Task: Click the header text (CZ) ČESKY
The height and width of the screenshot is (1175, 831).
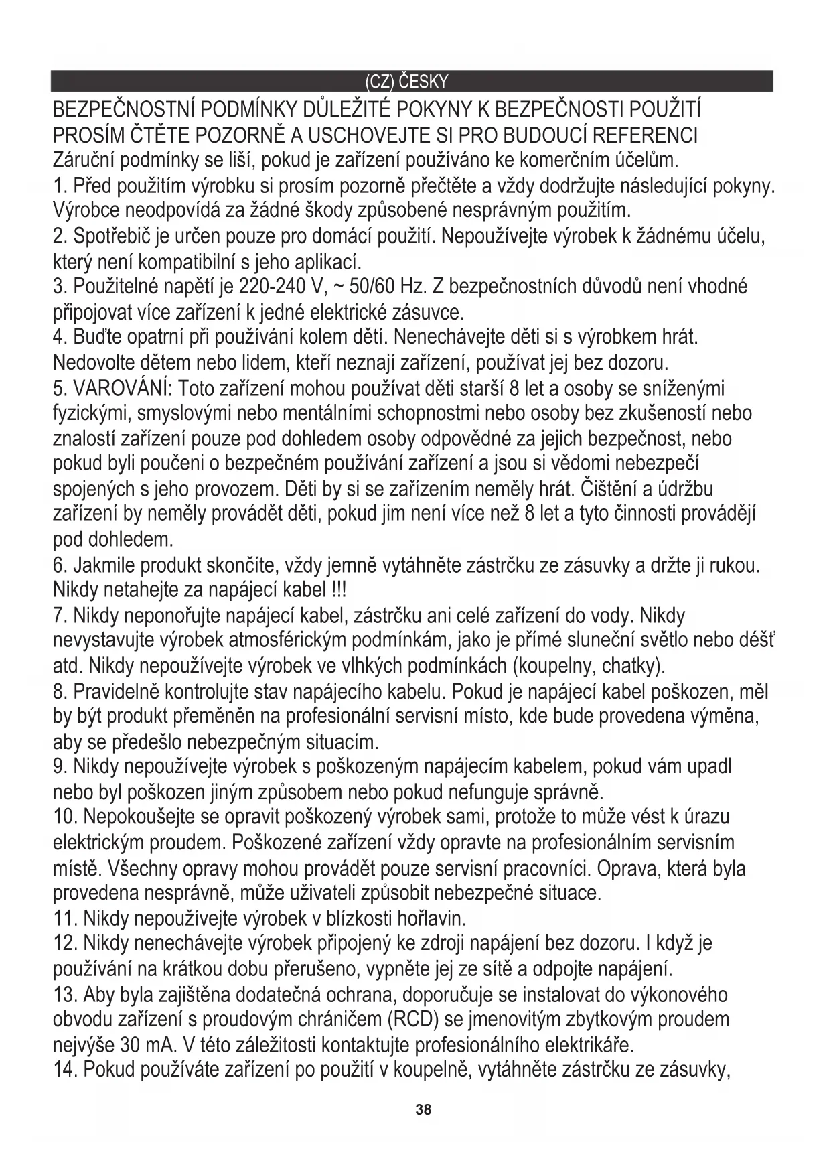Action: pyautogui.click(x=406, y=82)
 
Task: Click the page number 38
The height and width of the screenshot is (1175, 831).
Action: pyautogui.click(x=423, y=1109)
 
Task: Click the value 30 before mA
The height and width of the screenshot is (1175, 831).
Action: pyautogui.click(x=131, y=1045)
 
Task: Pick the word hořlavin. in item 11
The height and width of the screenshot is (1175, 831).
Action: pyautogui.click(x=429, y=917)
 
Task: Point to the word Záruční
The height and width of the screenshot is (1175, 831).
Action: pyautogui.click(x=85, y=161)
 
